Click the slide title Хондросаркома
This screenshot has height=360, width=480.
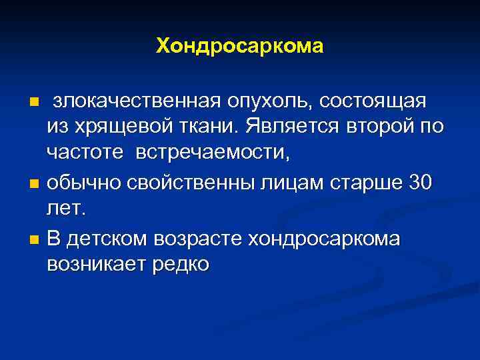point(240,46)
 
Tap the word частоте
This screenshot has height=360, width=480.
point(85,153)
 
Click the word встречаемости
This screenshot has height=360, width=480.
point(213,153)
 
